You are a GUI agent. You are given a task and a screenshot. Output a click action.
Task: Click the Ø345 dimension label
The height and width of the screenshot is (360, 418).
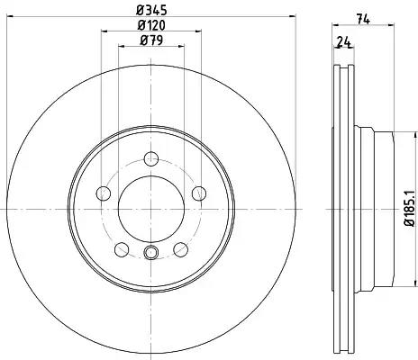point(151,10)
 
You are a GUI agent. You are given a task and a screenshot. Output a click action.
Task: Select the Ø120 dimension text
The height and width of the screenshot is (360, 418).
point(151,25)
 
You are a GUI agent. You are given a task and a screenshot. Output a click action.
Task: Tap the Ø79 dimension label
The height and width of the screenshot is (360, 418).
point(151,40)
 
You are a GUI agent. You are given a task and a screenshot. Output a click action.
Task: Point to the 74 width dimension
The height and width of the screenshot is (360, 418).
point(363,19)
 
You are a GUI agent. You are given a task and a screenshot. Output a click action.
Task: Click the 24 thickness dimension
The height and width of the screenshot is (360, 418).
point(344,41)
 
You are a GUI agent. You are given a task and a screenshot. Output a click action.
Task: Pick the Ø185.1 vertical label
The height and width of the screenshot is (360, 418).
point(409,208)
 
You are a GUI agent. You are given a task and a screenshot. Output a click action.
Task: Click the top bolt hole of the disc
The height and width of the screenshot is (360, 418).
point(151,158)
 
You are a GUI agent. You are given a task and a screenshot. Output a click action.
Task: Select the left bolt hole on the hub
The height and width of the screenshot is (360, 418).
point(104,193)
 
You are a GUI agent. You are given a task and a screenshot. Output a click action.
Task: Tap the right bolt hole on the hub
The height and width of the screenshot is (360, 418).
point(199,193)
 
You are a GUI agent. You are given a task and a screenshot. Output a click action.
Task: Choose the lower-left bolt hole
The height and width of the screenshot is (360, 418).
point(122,249)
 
